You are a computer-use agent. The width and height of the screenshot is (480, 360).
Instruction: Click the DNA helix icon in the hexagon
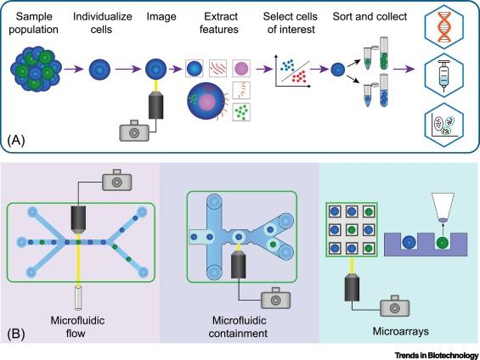click(x=443, y=26)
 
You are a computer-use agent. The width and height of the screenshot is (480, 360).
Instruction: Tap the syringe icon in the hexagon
click(x=443, y=75)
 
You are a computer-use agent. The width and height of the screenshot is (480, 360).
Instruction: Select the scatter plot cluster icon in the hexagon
click(x=443, y=125)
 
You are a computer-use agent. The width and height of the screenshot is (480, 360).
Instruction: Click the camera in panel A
click(x=134, y=131)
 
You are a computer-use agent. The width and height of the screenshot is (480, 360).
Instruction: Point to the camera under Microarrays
click(x=395, y=306)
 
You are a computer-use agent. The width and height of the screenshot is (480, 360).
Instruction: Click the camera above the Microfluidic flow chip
click(x=116, y=180)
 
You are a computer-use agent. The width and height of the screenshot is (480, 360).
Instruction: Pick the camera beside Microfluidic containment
click(x=275, y=298)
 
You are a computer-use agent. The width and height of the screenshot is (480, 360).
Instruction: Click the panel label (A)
click(x=16, y=140)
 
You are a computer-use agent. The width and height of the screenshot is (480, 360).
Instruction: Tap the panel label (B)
click(x=16, y=334)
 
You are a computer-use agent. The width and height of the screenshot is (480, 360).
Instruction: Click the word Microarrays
click(x=400, y=331)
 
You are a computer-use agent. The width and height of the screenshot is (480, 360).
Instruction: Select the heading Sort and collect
click(x=370, y=16)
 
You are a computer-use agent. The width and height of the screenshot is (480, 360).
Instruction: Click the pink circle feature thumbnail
click(x=241, y=68)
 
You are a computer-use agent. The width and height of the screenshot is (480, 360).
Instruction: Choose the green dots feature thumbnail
click(x=241, y=112)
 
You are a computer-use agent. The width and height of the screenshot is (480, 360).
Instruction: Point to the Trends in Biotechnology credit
click(x=437, y=356)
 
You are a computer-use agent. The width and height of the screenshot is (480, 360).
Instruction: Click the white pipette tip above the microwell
click(x=443, y=207)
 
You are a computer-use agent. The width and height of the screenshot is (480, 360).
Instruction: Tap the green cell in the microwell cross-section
click(x=443, y=242)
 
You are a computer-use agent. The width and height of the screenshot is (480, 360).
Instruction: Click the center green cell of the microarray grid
click(x=352, y=229)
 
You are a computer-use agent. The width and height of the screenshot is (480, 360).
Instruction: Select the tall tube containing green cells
click(x=383, y=53)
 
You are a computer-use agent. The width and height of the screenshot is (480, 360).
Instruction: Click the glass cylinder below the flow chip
click(x=78, y=297)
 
